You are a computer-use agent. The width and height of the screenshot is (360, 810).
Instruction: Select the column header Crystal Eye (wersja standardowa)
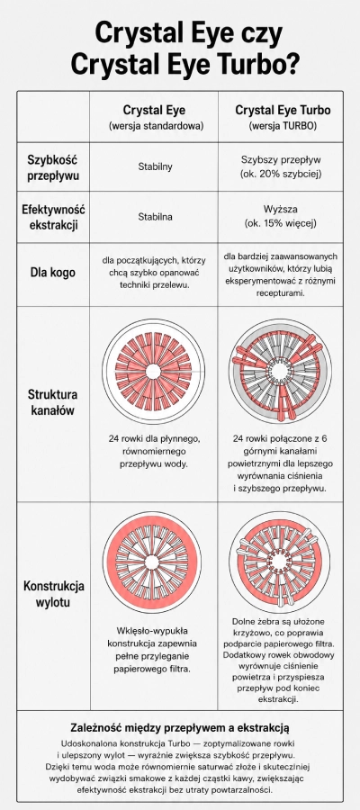(154, 117)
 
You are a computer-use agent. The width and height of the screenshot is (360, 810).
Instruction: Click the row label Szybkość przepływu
(54, 166)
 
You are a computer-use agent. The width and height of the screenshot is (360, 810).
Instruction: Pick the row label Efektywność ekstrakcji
(54, 218)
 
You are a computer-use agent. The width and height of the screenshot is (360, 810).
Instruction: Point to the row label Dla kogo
(53, 273)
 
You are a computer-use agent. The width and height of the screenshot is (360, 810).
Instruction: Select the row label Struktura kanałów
(53, 403)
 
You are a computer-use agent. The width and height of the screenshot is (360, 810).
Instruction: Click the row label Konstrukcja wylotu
(53, 594)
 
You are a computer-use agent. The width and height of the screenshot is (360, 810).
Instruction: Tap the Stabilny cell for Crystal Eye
(155, 166)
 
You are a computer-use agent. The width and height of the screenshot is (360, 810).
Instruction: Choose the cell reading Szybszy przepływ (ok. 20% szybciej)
(282, 166)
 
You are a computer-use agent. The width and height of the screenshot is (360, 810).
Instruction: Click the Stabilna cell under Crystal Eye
(155, 217)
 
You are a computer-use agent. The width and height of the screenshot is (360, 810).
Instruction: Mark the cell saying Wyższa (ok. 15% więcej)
(282, 218)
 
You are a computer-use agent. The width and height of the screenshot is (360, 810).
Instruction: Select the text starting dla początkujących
(155, 273)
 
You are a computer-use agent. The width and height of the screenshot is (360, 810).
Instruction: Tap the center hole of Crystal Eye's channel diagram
(153, 372)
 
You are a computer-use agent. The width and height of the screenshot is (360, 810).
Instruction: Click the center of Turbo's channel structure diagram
(279, 371)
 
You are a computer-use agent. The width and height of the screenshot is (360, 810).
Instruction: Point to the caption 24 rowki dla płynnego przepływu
(154, 451)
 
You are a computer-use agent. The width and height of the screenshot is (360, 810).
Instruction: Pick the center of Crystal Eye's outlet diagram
(152, 562)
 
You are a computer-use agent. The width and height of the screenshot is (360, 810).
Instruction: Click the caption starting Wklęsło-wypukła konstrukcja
(152, 650)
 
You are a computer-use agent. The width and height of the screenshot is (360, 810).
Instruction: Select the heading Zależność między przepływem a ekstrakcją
(180, 728)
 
